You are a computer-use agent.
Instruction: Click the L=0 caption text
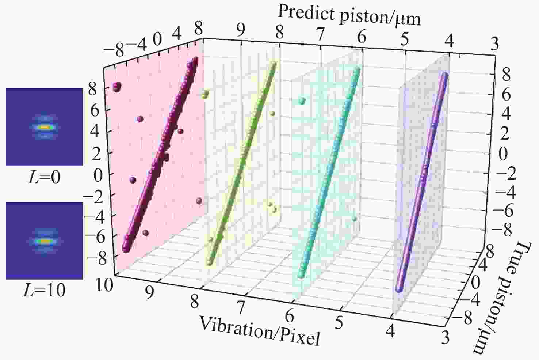pos(45,178)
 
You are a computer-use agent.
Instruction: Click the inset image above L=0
pos(44,127)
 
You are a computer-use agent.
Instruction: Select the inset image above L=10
pos(44,240)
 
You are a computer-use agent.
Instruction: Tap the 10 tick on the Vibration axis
pos(105,285)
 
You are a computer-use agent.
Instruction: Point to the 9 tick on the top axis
pos(240,31)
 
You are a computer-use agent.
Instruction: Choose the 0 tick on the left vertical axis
pos(98,176)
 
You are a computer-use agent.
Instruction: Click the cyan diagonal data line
pos(330,172)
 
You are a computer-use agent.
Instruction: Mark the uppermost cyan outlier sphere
pos(302,101)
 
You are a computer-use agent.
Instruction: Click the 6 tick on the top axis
pos(362,38)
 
